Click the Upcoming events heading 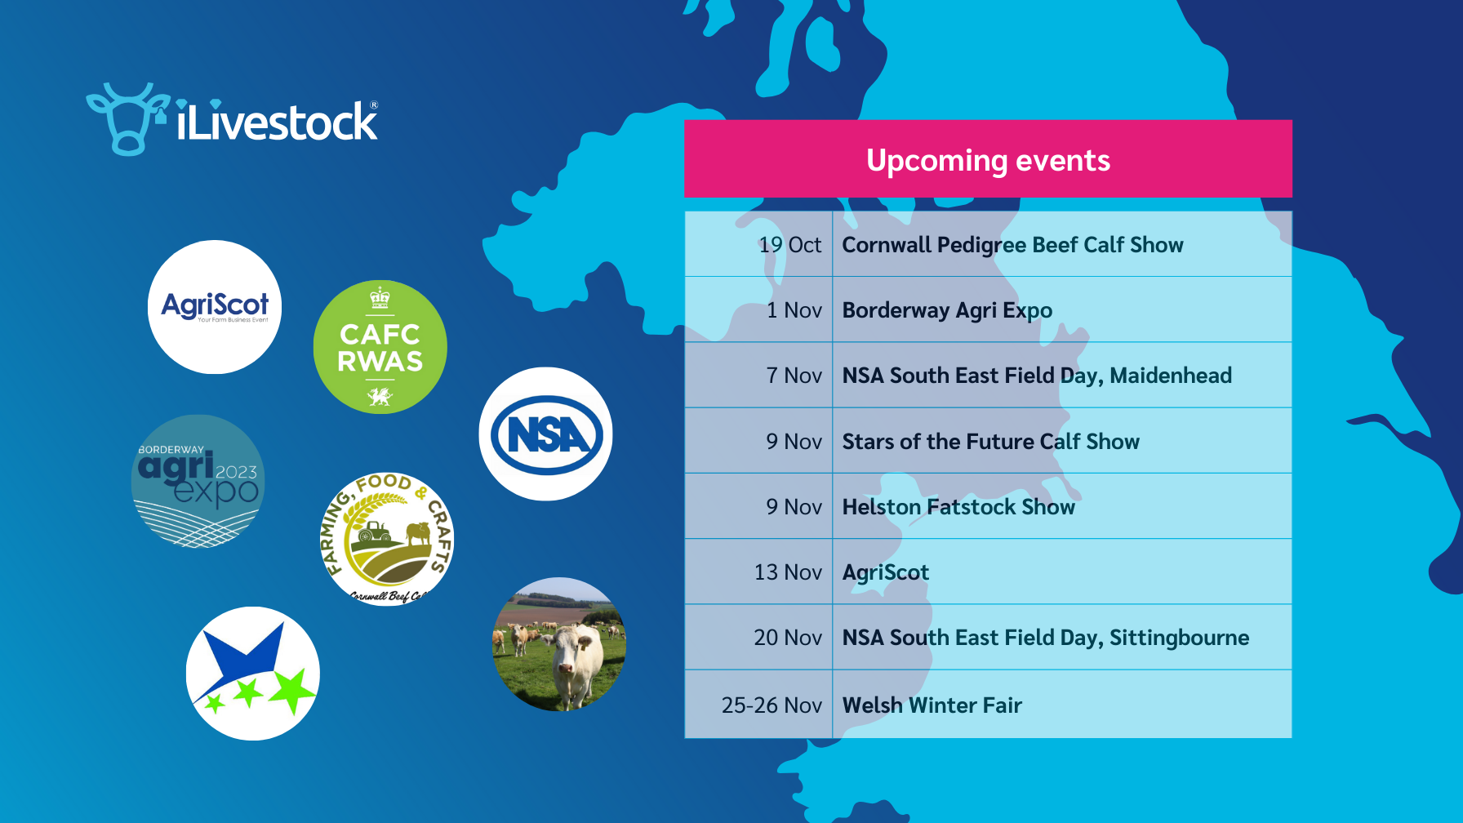988,160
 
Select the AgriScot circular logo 215,307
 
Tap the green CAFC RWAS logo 380,347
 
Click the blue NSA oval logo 546,434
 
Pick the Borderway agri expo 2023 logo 198,481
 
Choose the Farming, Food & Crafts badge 387,540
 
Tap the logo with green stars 253,674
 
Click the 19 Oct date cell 789,245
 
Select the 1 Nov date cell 794,310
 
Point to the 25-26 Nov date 772,705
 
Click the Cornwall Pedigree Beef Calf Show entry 1012,245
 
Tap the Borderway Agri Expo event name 947,310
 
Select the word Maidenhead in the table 1171,376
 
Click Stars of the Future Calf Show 990,442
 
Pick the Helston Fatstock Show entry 958,507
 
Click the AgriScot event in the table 886,572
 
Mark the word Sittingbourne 1179,638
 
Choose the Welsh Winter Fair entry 932,705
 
